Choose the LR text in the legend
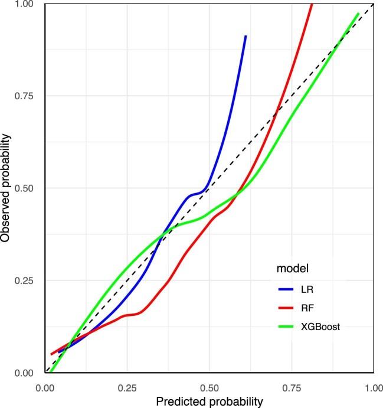click(306, 290)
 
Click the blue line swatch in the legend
click(286, 290)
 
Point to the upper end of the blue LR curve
click(245, 36)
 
